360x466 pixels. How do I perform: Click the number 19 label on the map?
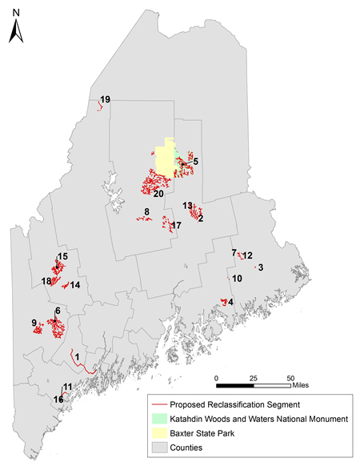(x=105, y=99)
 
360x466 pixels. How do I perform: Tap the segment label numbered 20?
(x=158, y=194)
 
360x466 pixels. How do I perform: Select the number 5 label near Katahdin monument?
(x=196, y=162)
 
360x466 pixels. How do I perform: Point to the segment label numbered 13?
(x=187, y=206)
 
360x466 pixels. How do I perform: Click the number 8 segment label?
(x=146, y=211)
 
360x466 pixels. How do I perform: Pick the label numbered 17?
(x=177, y=227)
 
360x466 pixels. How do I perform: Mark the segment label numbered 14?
(x=75, y=285)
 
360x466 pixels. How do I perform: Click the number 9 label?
(x=34, y=323)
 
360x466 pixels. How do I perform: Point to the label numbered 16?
(x=58, y=399)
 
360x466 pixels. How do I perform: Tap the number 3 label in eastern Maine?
(x=261, y=267)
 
